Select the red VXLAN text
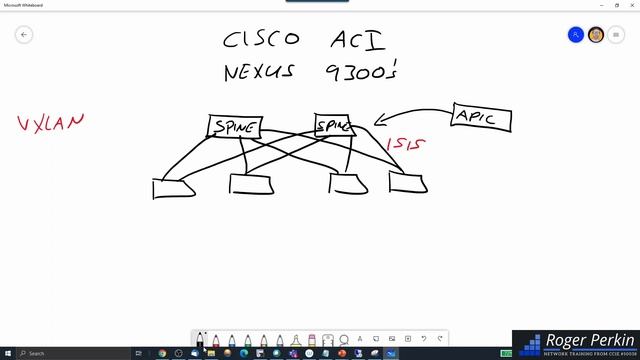[51, 123]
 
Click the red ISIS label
[407, 144]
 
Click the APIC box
[482, 118]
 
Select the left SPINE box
[235, 127]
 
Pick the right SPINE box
[333, 126]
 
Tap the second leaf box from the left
[251, 185]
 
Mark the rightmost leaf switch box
[408, 183]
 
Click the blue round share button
[575, 35]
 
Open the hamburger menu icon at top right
[616, 35]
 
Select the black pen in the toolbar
[201, 340]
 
